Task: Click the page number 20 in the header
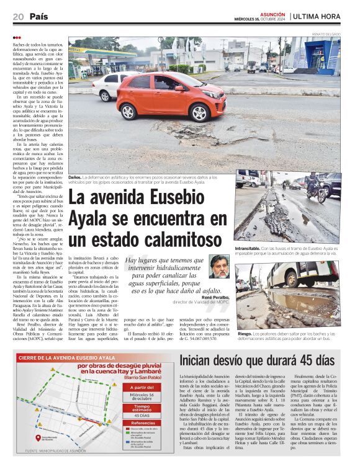pos(17,17)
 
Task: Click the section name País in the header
pos(38,17)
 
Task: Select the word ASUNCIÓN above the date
pos(272,13)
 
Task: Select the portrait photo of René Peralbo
pos(218,267)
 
